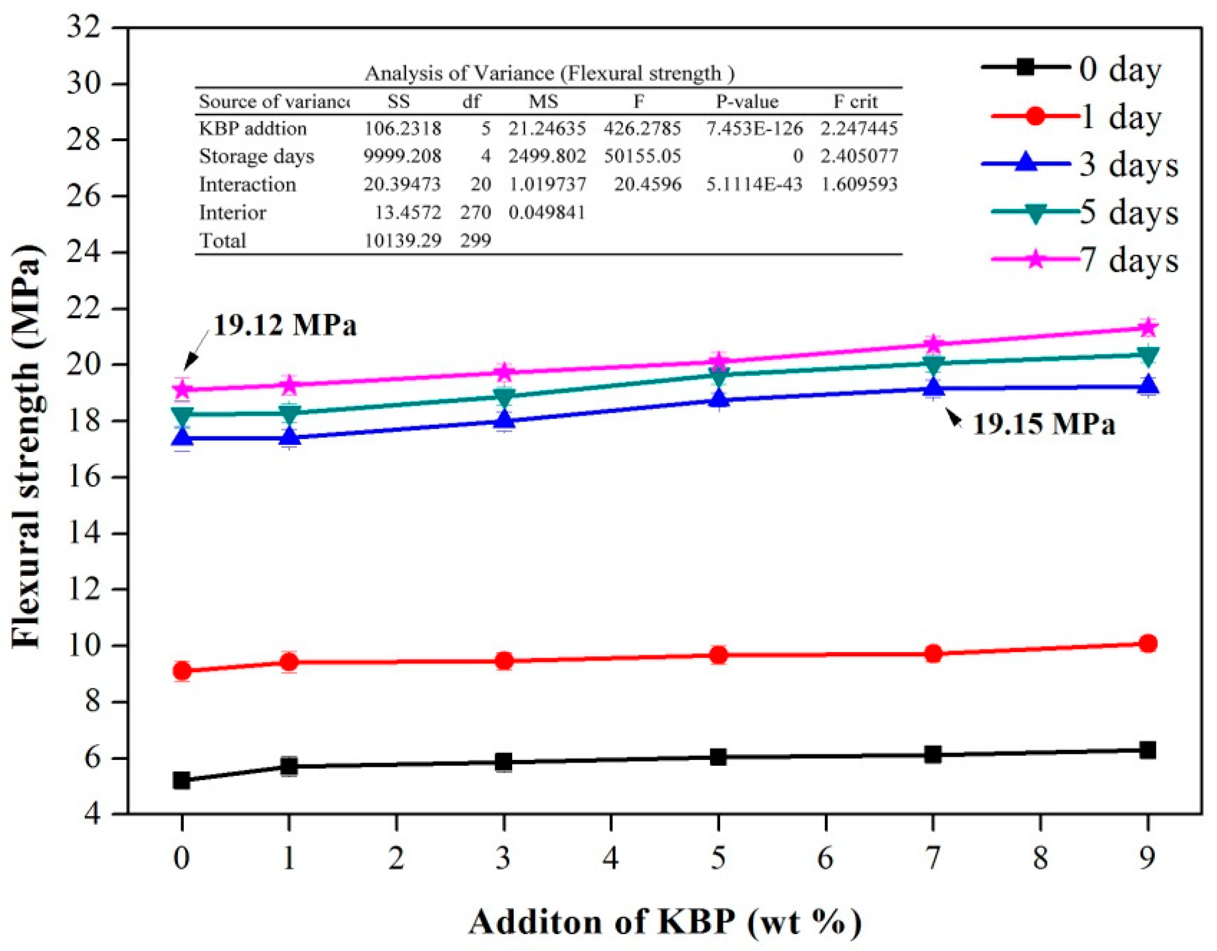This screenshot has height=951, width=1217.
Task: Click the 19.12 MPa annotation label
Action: point(285,325)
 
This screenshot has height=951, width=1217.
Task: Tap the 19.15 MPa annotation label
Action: point(1044,425)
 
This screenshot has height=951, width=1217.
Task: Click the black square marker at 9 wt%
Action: point(1148,750)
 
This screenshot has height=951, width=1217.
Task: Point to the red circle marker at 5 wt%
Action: point(719,655)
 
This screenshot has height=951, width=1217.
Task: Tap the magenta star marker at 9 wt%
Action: point(1148,327)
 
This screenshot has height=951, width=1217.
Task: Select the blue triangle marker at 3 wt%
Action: point(504,419)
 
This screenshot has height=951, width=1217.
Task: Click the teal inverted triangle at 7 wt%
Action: point(933,363)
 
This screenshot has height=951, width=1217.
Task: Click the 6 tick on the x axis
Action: point(825,858)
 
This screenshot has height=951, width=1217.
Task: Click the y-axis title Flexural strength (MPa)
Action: point(27,446)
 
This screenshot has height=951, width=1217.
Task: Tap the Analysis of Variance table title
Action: point(549,73)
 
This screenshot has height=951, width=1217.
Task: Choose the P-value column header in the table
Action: point(747,102)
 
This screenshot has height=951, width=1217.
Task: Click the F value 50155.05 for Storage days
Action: point(642,156)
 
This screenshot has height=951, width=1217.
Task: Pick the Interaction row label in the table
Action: point(247,184)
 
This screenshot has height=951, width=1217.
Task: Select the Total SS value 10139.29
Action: point(402,240)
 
